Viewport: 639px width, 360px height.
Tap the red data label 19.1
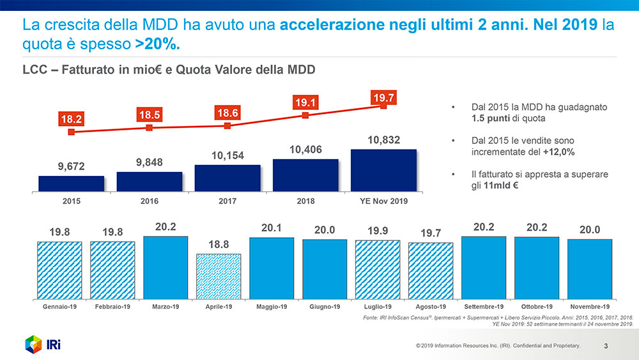click(x=305, y=102)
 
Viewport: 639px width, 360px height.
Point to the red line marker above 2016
click(x=149, y=128)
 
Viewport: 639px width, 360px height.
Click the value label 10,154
click(x=227, y=155)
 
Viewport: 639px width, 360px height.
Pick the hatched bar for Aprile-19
click(x=219, y=276)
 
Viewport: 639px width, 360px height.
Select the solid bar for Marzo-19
click(x=166, y=267)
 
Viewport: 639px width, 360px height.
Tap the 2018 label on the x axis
click(x=305, y=200)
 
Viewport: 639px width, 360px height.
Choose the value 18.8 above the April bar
click(x=219, y=244)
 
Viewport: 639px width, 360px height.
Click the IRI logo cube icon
click(x=34, y=343)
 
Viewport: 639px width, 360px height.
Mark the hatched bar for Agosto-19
click(x=431, y=270)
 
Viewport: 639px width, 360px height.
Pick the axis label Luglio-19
click(x=378, y=306)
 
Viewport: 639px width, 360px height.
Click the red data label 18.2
click(x=72, y=119)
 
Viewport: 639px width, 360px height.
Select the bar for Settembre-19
click(x=484, y=267)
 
